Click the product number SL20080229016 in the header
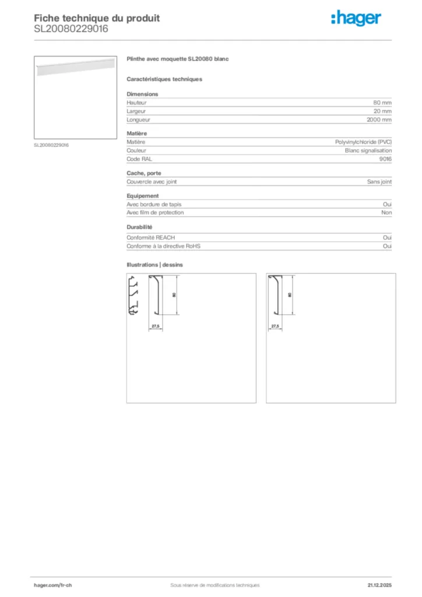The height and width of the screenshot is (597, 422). pos(71,28)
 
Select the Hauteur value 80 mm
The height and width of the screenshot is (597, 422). pos(382,103)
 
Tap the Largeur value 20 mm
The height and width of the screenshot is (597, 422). pos(382,111)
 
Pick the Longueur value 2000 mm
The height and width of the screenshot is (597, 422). pos(379,120)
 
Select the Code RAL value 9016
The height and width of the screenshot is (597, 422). pos(385,159)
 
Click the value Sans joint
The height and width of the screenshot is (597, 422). pos(379,181)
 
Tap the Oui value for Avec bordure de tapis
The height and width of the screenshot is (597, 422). pos(387,204)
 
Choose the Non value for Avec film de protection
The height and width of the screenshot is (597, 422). pos(386,213)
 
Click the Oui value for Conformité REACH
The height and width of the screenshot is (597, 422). pos(387,238)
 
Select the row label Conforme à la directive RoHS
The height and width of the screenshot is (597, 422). pos(163,246)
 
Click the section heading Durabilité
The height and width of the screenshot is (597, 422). pos(139,227)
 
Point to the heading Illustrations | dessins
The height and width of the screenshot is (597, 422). pos(154,265)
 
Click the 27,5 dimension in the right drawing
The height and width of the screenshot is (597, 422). pos(276,325)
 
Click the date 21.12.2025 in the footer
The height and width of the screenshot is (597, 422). pos(379,585)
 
